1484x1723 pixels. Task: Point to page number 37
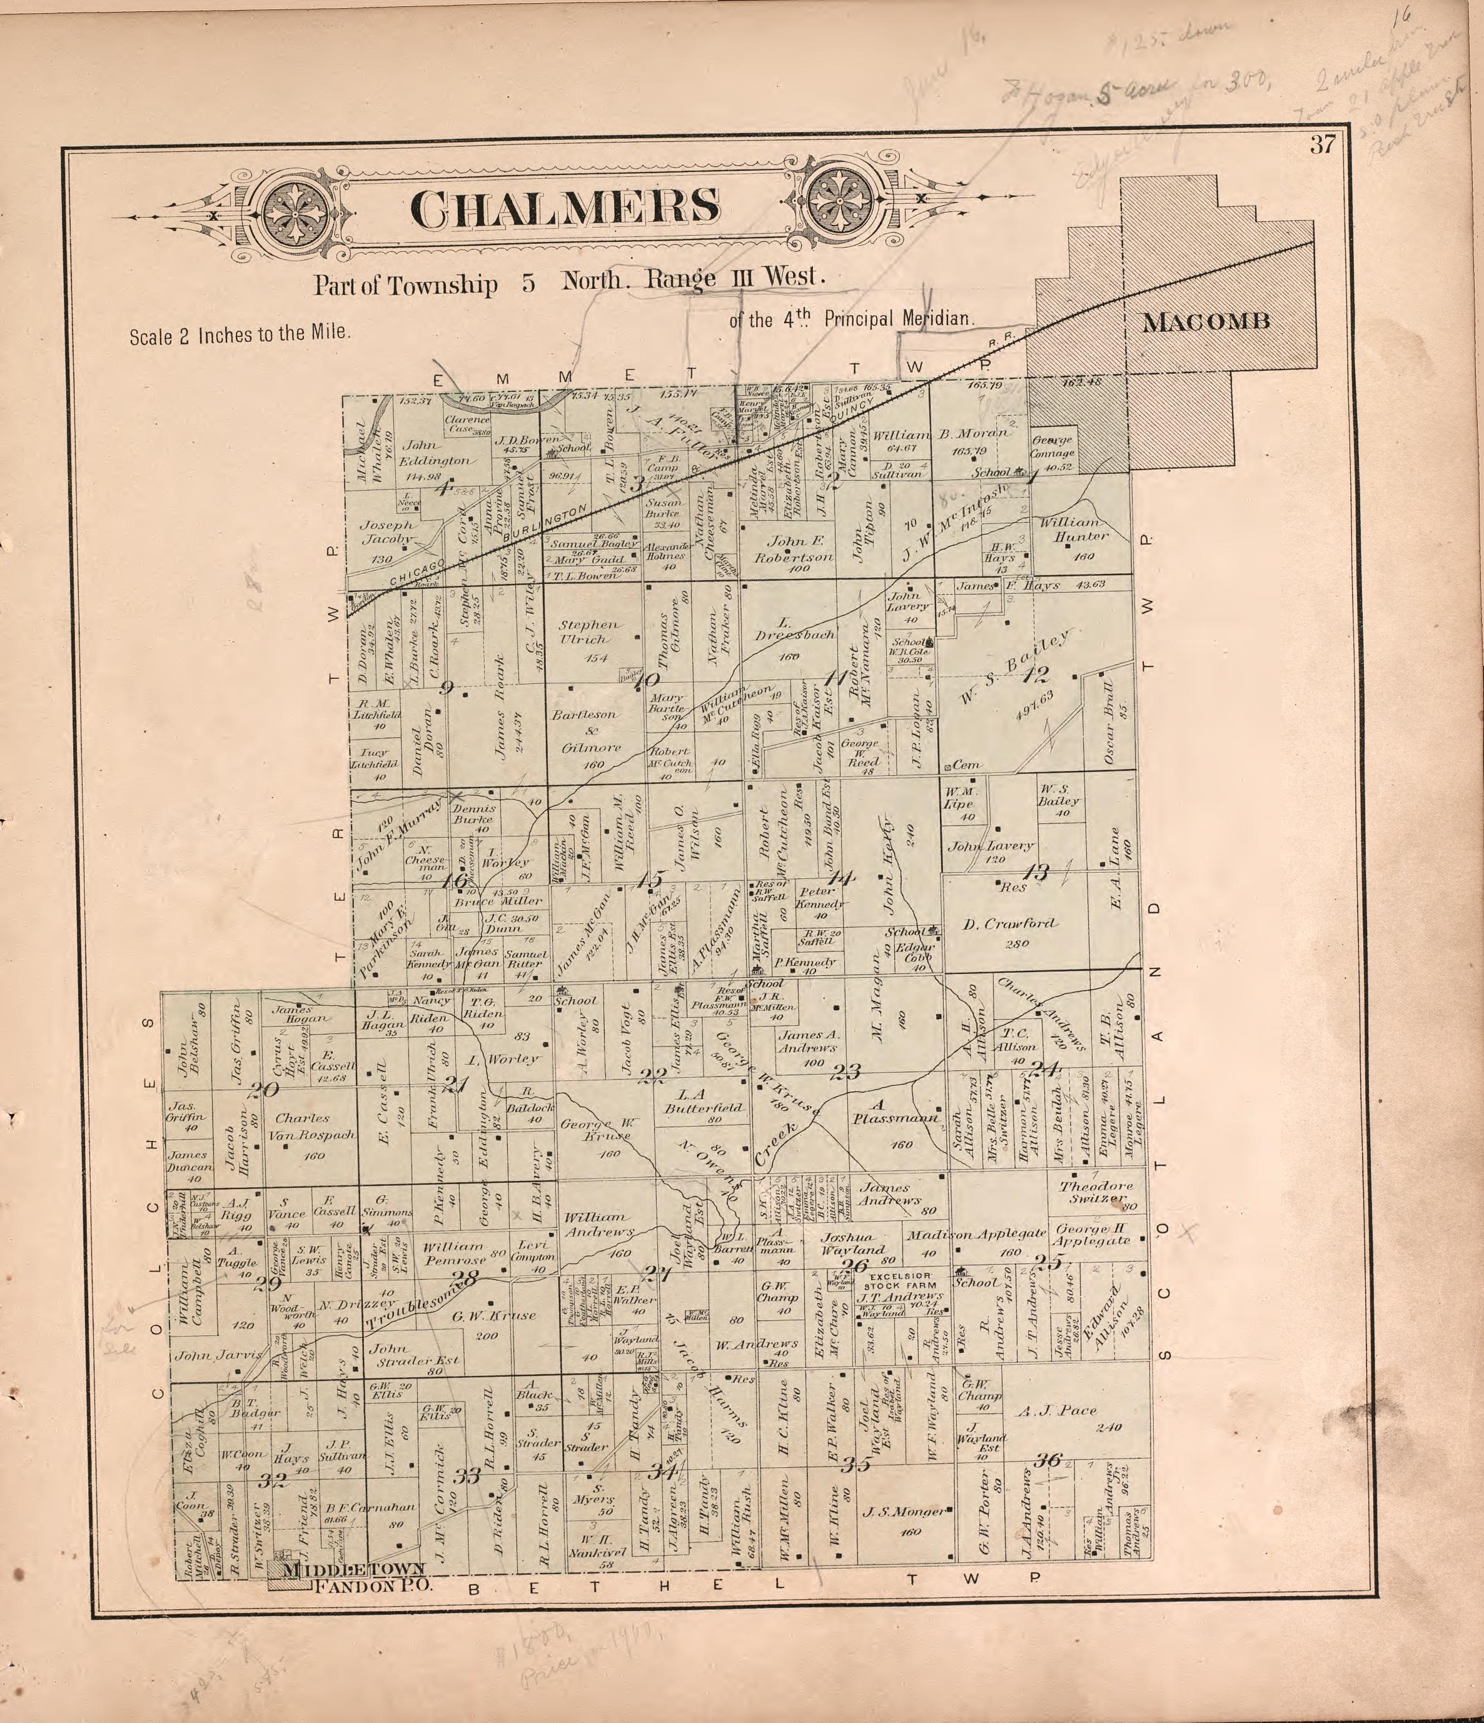coord(1323,144)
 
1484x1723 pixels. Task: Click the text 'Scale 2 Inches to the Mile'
coord(240,334)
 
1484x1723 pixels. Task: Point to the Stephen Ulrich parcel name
coord(589,632)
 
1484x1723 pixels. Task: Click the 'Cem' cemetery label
coord(965,765)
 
